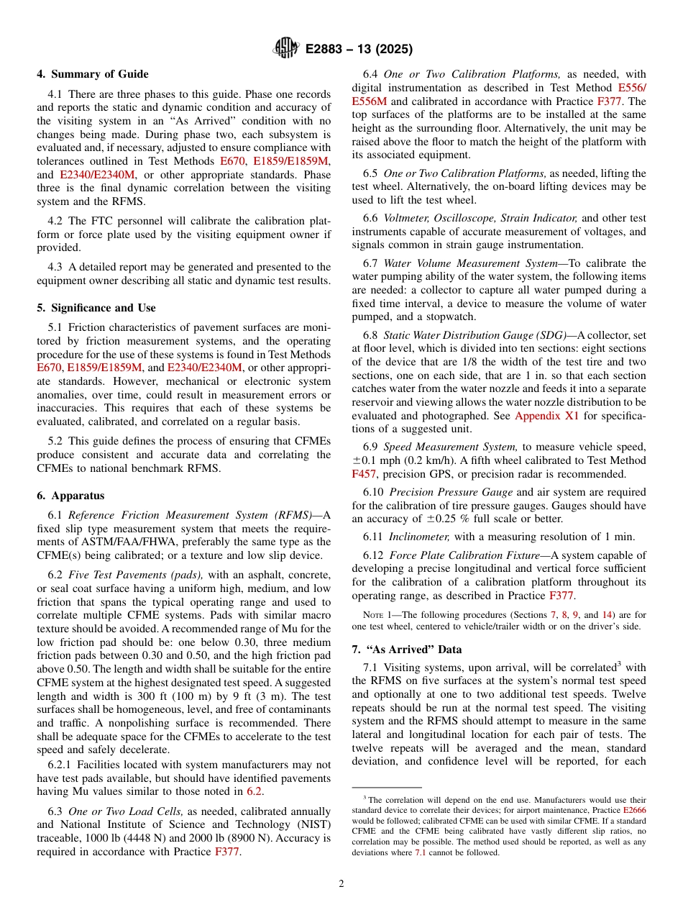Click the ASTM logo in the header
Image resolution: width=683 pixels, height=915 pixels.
point(286,49)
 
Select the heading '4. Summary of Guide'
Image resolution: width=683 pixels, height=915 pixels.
point(93,74)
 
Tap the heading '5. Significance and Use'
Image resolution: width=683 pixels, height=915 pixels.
point(96,308)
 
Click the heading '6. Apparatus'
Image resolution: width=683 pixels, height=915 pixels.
point(70,496)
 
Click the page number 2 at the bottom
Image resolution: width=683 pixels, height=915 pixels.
point(341,883)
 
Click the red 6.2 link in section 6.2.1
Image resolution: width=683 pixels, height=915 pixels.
point(255,791)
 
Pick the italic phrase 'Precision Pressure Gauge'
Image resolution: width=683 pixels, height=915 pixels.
point(451,492)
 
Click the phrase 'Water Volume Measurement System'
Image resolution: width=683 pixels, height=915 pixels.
point(470,263)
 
